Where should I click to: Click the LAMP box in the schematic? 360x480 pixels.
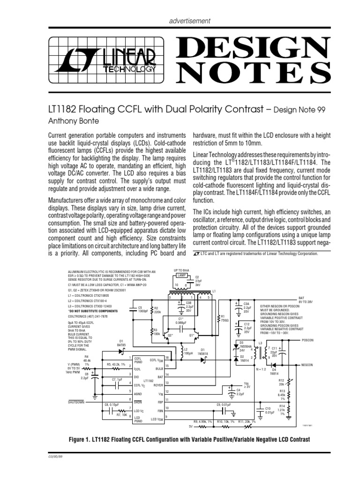[182, 276]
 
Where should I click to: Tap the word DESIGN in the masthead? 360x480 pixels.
[253, 46]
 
